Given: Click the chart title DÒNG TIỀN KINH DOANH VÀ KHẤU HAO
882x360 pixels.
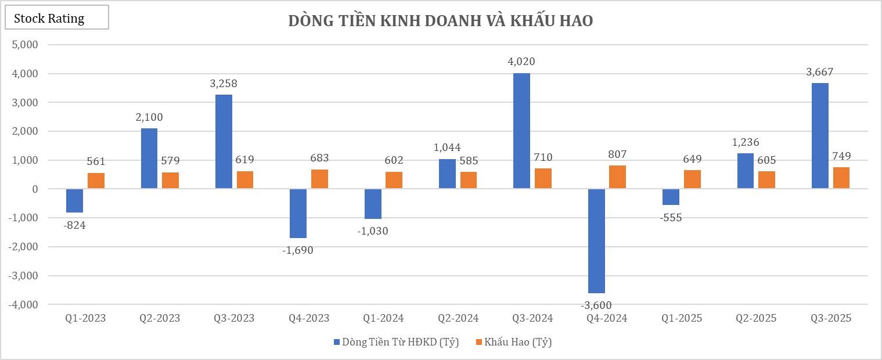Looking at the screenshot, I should [440, 21].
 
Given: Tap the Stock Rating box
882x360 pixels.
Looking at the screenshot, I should [56, 18].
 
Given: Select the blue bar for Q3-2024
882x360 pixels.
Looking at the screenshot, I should [521, 131].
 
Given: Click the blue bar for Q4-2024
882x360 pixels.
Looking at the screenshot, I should [596, 241].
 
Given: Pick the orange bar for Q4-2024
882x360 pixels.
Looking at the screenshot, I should [617, 177].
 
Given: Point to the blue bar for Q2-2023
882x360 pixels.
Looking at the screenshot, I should [149, 159].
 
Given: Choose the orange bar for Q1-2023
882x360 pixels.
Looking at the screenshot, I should [96, 181].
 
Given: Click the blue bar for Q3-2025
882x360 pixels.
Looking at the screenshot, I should [820, 136].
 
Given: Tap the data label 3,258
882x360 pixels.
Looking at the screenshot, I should [224, 84].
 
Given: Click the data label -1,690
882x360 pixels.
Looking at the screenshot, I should [298, 250].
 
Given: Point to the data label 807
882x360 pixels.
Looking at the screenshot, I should [617, 154].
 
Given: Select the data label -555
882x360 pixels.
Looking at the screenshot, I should [671, 218].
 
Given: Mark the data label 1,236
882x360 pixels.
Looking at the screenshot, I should [745, 142].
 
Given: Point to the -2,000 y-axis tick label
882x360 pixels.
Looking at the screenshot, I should [23, 247].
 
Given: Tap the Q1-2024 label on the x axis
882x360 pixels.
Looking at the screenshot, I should [383, 318].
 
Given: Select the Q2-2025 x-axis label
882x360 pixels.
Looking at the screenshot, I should [756, 318].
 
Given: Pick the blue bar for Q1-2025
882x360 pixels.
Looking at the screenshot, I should [671, 197].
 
